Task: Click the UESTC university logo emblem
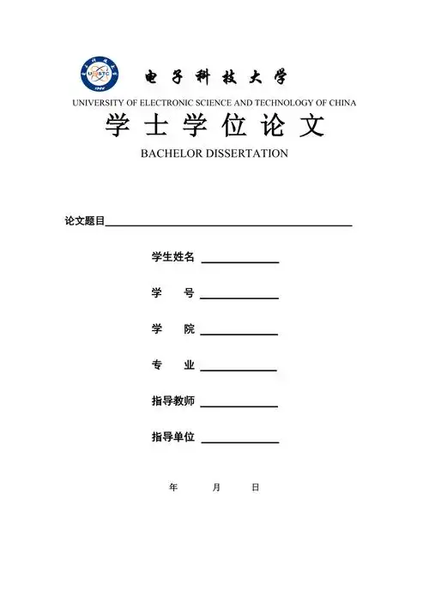point(100,75)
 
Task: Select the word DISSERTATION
point(247,153)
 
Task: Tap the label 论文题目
point(84,221)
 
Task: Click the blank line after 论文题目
point(228,225)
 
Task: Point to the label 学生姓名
point(173,257)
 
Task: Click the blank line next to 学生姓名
point(239,261)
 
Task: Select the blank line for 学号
point(239,297)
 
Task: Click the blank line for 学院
point(239,334)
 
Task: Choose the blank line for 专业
point(239,370)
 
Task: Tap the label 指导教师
point(173,401)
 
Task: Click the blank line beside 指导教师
point(239,406)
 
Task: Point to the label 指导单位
point(173,437)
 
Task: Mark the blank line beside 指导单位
point(239,442)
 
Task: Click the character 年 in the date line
point(174,487)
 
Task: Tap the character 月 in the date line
point(216,487)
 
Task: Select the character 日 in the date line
point(255,487)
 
